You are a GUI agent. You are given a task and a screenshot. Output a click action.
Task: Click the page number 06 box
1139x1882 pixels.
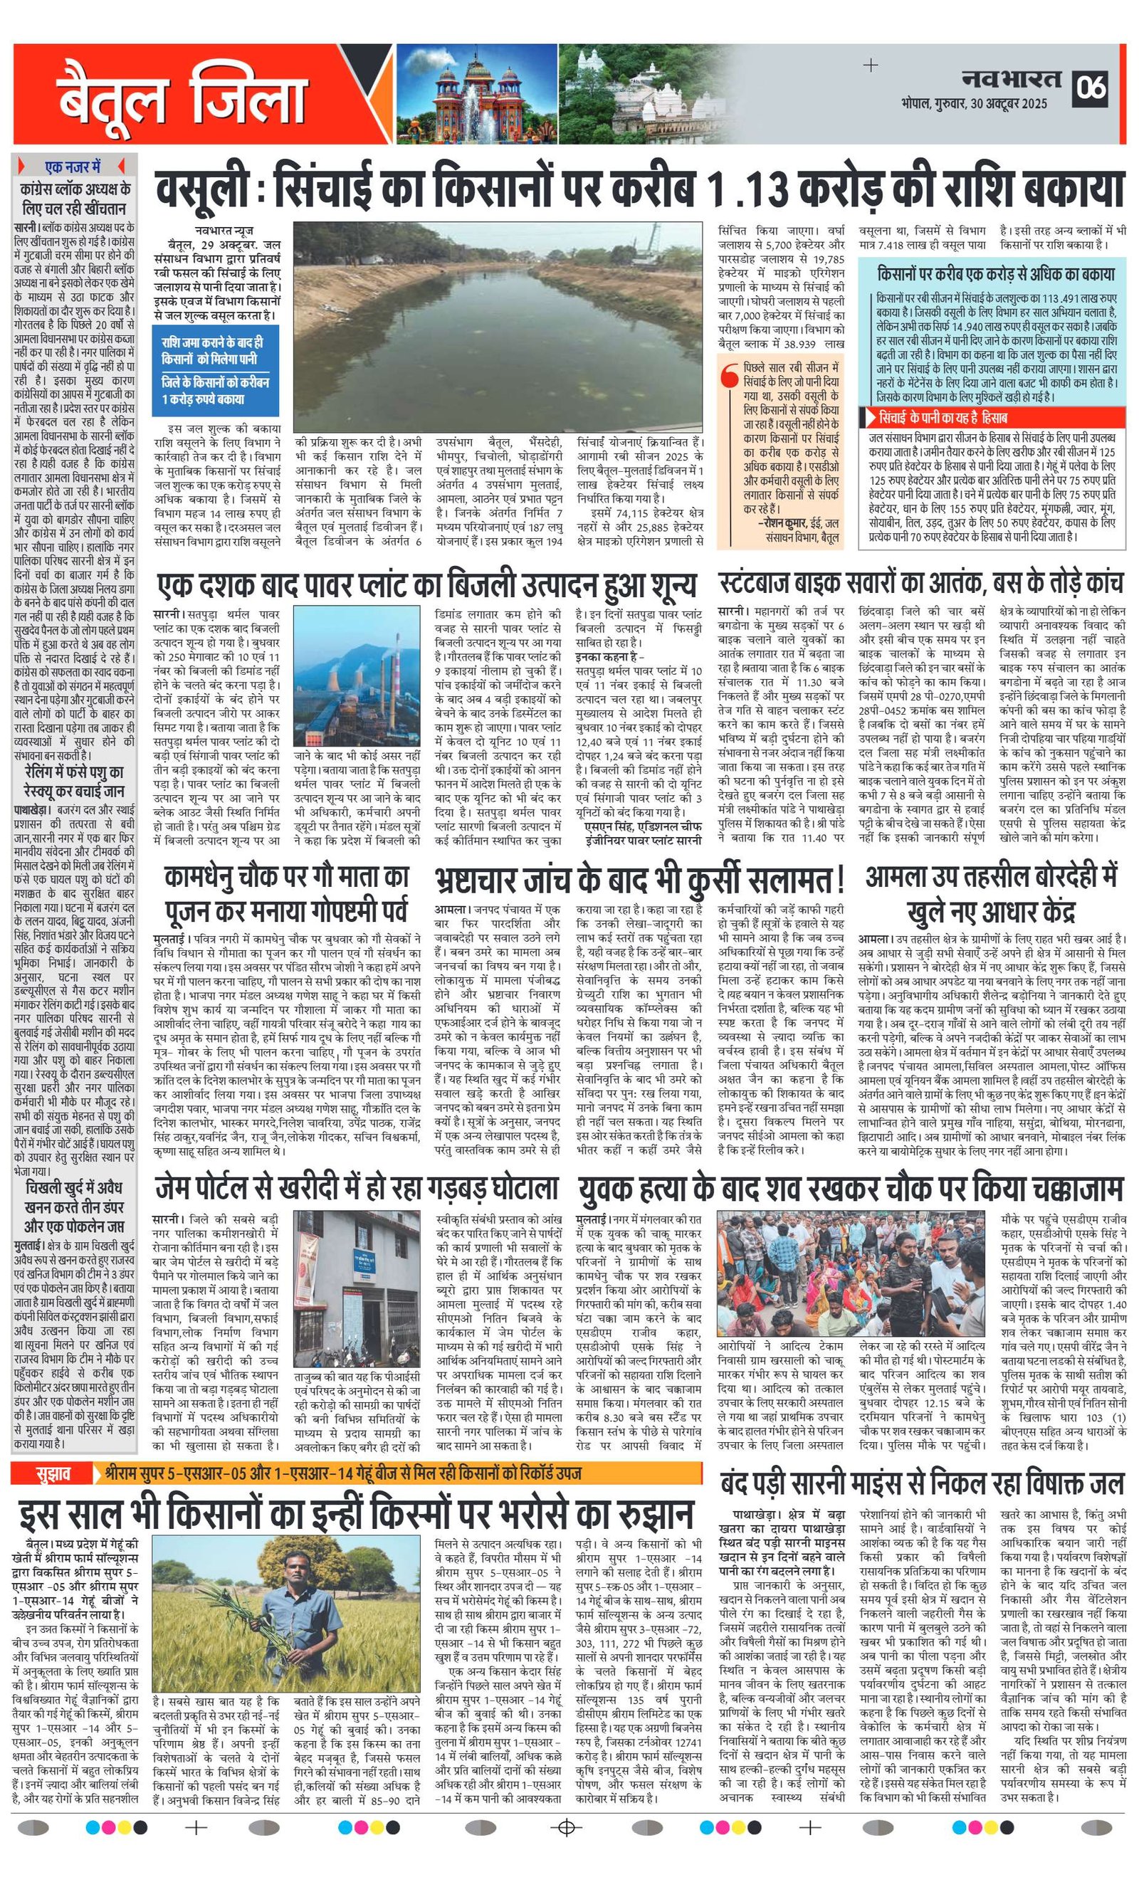(1091, 88)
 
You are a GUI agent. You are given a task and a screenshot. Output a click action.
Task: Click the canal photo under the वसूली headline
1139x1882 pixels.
(498, 327)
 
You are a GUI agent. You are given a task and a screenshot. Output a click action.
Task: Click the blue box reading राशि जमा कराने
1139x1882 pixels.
(216, 372)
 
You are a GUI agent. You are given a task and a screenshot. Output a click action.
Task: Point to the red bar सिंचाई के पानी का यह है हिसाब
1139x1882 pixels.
(992, 418)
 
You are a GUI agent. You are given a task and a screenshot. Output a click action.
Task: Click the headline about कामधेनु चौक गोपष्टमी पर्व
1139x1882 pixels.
(287, 895)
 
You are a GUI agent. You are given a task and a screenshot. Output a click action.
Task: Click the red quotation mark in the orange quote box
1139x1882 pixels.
(730, 376)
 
